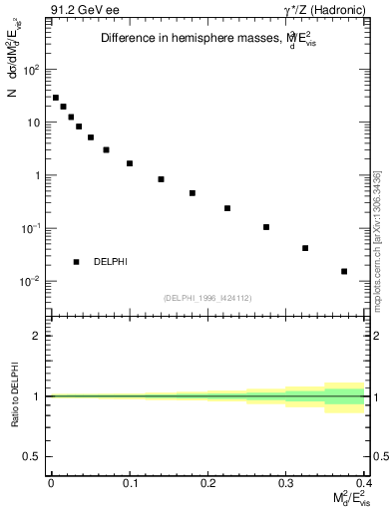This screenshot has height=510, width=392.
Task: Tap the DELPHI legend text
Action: point(110,262)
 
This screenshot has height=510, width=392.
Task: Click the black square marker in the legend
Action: point(76,262)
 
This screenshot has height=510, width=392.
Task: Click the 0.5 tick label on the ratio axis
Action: point(35,457)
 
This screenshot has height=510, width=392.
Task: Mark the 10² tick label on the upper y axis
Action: point(33,70)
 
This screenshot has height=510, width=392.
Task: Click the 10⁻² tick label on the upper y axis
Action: point(32,281)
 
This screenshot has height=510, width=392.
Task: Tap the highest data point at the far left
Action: point(56,98)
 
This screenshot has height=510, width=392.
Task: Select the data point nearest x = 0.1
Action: point(130,163)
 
